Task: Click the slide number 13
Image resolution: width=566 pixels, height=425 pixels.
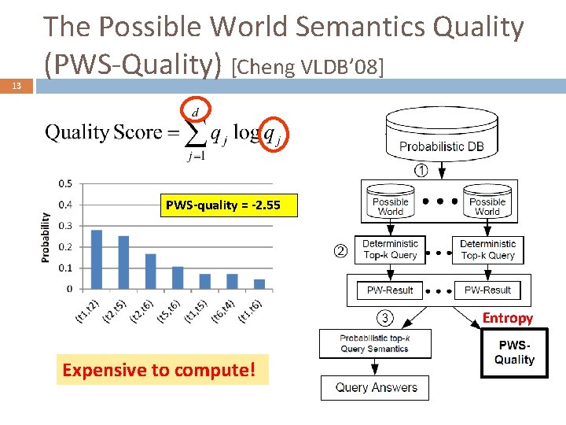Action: [17, 86]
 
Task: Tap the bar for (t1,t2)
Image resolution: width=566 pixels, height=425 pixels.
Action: [97, 259]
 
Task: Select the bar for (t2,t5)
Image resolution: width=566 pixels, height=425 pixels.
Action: [123, 262]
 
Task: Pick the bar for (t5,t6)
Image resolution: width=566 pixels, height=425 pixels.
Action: [178, 277]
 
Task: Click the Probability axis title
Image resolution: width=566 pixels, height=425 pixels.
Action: [46, 236]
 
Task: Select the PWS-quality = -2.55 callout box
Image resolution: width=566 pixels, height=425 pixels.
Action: [222, 205]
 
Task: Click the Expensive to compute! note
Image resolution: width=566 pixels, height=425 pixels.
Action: [162, 369]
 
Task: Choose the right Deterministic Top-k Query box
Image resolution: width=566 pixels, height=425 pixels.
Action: [487, 249]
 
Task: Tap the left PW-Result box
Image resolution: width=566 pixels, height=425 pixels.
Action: [390, 290]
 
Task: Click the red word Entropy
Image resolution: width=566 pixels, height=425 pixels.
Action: [507, 318]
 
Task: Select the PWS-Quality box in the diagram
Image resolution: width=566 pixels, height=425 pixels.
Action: [514, 353]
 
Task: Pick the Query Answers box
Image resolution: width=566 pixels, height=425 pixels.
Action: [376, 387]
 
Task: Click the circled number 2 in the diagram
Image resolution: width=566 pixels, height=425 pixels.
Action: [340, 252]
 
